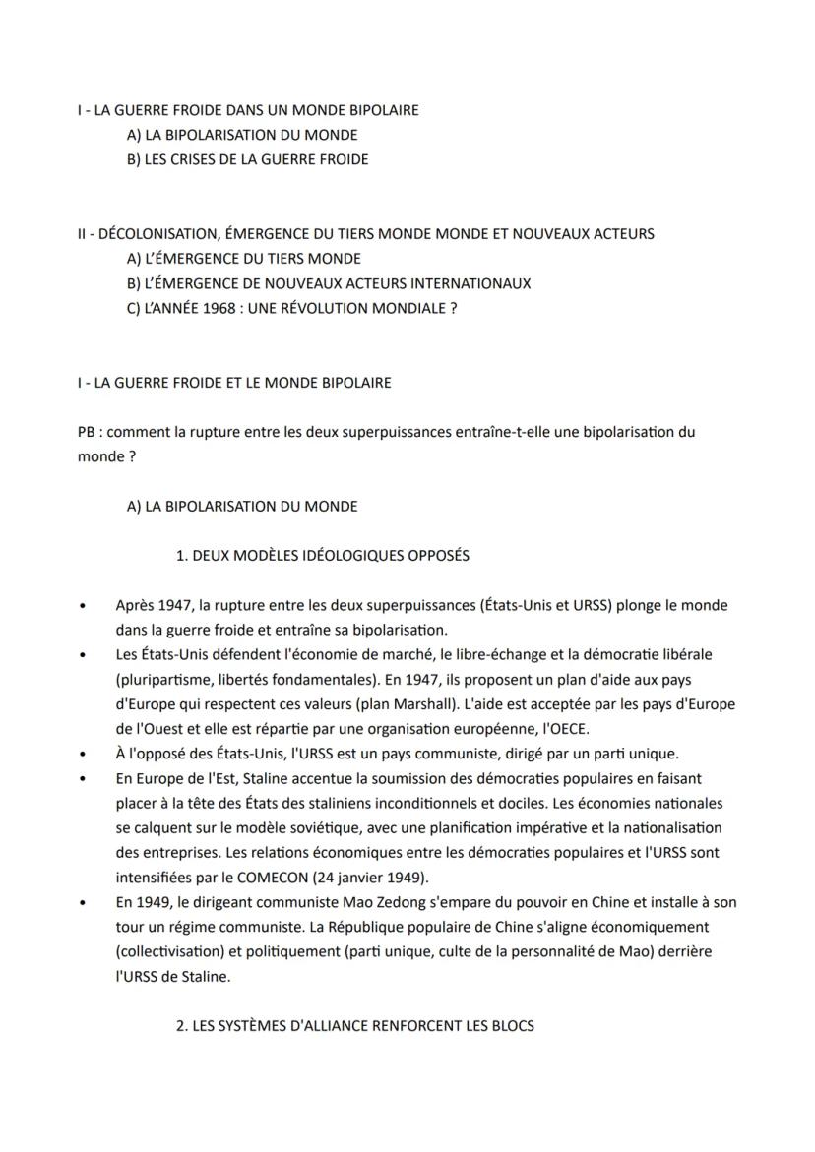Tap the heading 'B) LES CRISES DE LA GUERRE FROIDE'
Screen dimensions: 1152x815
coord(248,159)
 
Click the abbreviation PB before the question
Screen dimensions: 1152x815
coord(87,432)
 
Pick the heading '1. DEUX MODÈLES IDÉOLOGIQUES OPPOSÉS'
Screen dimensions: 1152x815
coord(322,556)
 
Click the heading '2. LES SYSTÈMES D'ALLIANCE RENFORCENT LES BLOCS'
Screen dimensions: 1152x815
coord(354,1026)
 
